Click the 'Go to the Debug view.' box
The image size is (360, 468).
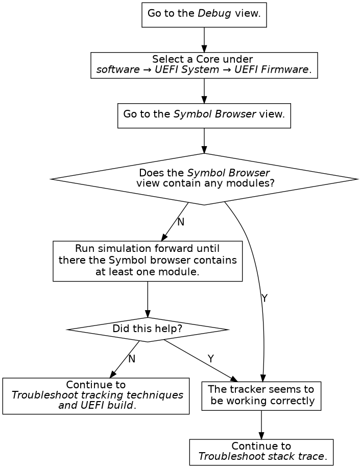[x=204, y=14]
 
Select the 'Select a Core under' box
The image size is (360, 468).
[x=204, y=65]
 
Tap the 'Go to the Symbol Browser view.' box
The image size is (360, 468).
[x=204, y=115]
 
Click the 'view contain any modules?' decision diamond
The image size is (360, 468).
[x=204, y=179]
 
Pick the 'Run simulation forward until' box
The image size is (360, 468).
[x=147, y=261]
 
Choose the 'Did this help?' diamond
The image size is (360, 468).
[x=147, y=329]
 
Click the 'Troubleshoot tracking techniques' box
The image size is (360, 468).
[x=96, y=396]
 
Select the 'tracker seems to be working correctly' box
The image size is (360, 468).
[x=261, y=396]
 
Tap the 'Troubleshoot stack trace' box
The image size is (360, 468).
[x=261, y=452]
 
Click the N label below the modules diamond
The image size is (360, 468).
[x=180, y=222]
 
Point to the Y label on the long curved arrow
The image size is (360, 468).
[x=264, y=298]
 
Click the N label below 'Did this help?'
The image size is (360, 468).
[x=132, y=359]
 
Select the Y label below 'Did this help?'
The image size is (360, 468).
[x=210, y=359]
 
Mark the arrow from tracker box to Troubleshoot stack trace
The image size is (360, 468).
[x=261, y=424]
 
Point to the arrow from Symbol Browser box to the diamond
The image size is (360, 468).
[x=204, y=140]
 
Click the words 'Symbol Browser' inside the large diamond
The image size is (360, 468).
[x=228, y=173]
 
